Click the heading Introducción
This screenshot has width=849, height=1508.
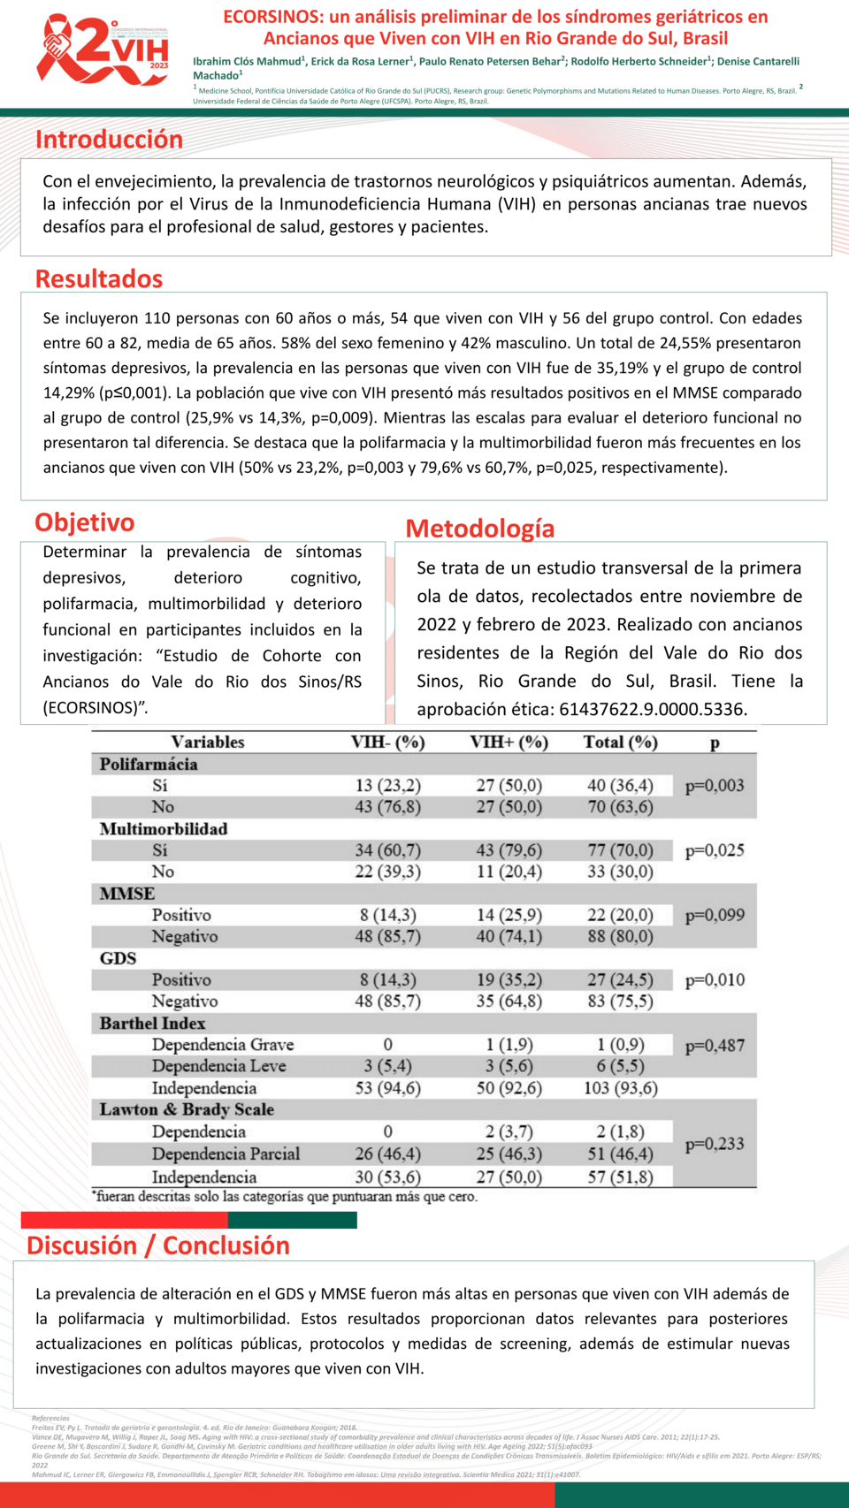(109, 140)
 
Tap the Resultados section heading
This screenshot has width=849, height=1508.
(99, 279)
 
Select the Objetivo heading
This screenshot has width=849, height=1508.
(85, 522)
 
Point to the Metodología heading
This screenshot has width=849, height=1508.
(480, 529)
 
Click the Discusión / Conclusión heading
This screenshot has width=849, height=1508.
(158, 1245)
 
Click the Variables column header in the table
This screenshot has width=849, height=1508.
(208, 743)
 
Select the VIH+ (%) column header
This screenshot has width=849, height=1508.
(509, 743)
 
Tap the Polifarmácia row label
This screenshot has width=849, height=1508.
(149, 765)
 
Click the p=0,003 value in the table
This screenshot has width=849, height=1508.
(715, 786)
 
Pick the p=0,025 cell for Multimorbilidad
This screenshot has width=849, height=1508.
(715, 850)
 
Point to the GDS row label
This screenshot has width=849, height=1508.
(119, 958)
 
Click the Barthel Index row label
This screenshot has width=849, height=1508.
(152, 1024)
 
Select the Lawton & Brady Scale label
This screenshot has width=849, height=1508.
(187, 1109)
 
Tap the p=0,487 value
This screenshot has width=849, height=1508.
(715, 1046)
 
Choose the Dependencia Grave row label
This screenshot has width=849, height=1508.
(223, 1045)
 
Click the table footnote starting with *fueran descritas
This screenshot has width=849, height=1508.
(285, 1197)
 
